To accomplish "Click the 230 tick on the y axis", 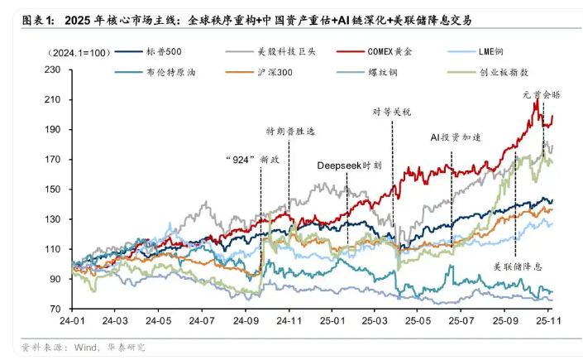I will [58, 70].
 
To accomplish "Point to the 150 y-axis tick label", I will [58, 189].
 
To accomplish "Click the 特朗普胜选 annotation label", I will [290, 132].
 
